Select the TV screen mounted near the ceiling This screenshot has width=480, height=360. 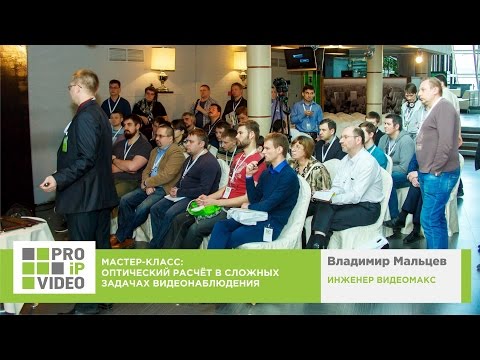301,58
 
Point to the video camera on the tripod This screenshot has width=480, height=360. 282,90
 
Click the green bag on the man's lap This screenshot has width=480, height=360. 204,209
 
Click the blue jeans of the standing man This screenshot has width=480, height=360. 437,205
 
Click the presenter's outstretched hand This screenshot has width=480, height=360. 46,183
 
